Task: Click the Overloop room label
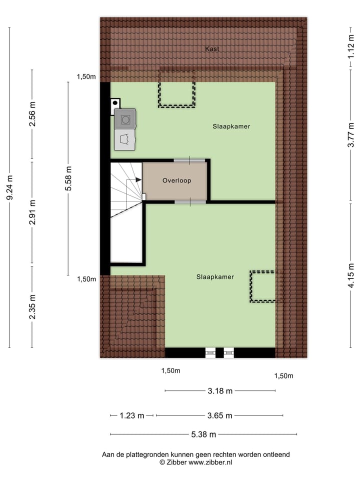pos(176,181)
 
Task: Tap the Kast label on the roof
pos(212,49)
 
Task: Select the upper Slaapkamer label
pos(230,126)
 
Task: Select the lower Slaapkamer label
pos(215,276)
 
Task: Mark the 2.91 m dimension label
pos(32,212)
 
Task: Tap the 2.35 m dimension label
pos(32,307)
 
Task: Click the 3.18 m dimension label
pos(220,391)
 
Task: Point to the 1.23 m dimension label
pos(132,415)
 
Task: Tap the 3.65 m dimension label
pos(220,415)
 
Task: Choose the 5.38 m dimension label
pos(203,434)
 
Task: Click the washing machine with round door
pos(125,119)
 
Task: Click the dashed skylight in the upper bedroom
pos(176,89)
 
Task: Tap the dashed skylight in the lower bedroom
pos(262,286)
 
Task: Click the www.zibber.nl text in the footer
pos(210,462)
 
